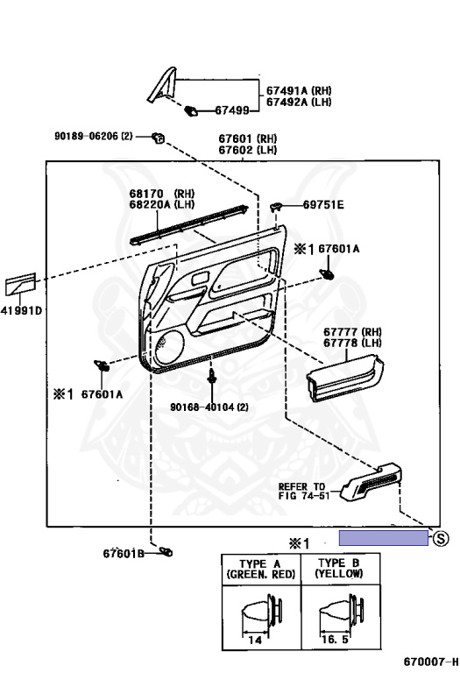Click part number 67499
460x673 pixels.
tap(231, 110)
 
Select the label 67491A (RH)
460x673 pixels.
tap(299, 90)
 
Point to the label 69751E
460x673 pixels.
tap(323, 205)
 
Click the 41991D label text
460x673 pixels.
tap(21, 310)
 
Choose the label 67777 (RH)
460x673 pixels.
tap(352, 332)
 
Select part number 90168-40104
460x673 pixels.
tap(203, 407)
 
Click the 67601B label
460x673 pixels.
tap(124, 554)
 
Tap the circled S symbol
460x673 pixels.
tap(441, 538)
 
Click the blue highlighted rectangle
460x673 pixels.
tap(384, 538)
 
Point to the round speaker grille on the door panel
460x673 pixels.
tap(169, 344)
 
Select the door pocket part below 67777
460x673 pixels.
tap(344, 379)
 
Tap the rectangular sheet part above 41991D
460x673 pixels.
tap(21, 283)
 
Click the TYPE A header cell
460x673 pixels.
tap(261, 569)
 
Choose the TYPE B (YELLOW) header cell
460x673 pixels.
tap(341, 569)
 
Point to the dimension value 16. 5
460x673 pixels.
tap(335, 640)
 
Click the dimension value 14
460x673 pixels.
tap(255, 640)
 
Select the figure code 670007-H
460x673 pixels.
tap(431, 662)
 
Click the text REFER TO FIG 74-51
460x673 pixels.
tap(304, 491)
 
